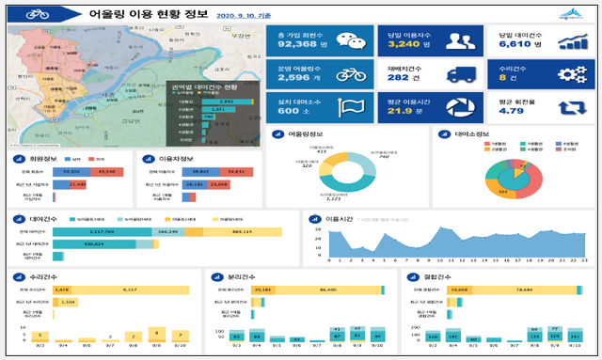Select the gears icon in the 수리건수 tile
coord(572,75)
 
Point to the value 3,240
coord(403,42)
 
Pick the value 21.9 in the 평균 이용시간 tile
coord(400,111)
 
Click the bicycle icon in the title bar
coord(39,15)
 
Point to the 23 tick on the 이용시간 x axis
coord(584,259)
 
